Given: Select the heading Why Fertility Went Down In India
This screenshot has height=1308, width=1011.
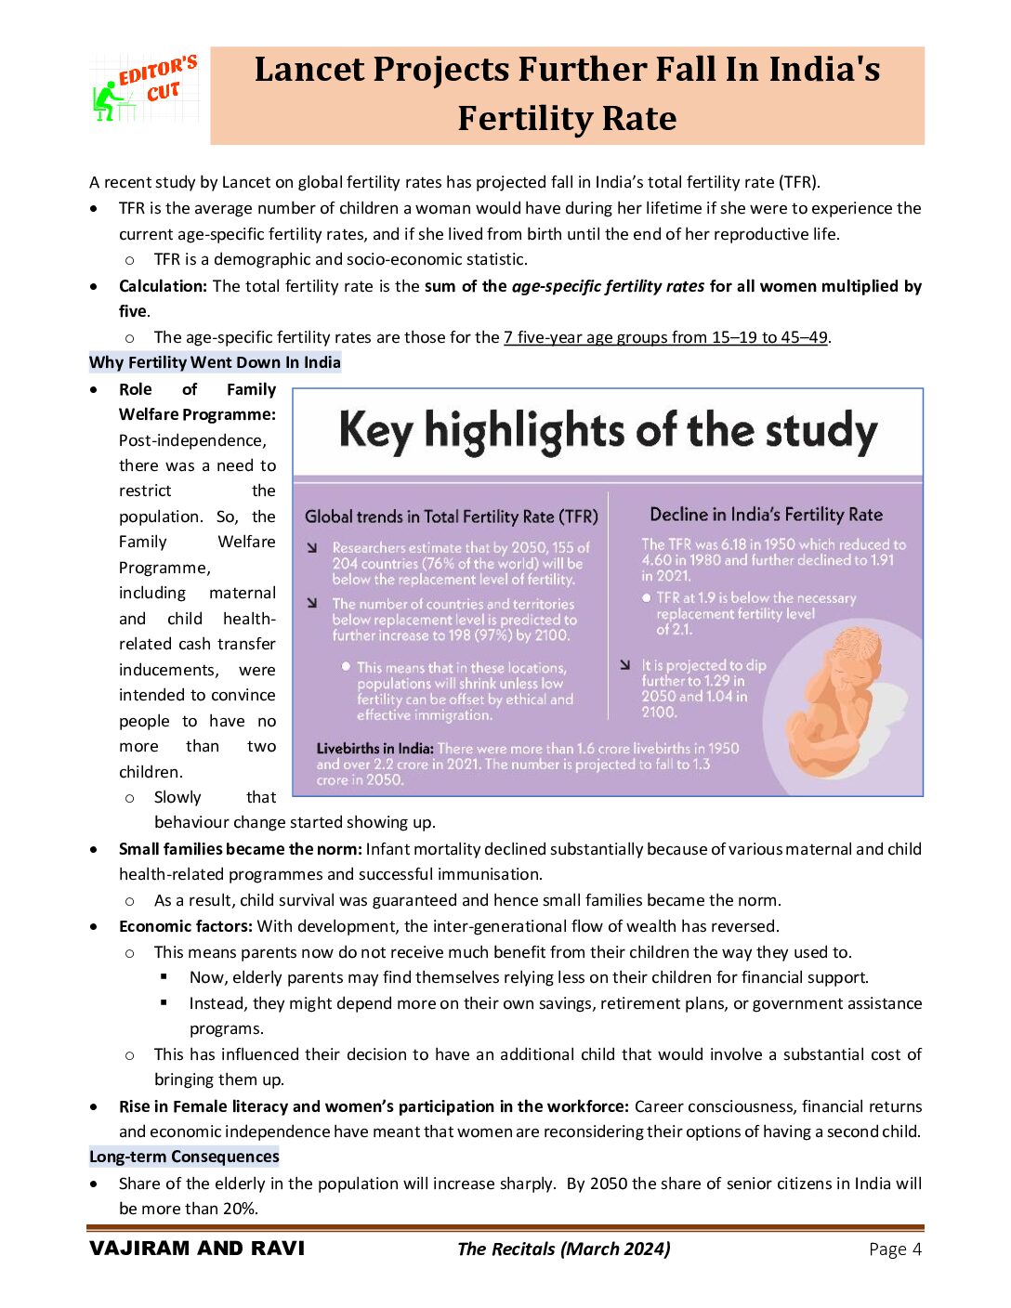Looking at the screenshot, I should point(215,362).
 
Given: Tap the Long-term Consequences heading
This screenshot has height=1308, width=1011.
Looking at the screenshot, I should point(184,1157).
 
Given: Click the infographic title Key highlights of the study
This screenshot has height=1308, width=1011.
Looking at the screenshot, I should point(608,432).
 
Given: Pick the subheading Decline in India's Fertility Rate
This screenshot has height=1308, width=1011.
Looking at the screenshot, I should point(766,515).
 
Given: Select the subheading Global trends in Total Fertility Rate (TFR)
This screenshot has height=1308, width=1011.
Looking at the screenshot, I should point(451,517).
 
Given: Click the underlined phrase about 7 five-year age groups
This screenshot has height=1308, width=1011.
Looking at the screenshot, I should point(665,337).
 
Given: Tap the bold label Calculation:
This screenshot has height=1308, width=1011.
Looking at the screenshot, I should point(163,286).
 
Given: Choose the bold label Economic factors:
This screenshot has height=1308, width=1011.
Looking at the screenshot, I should point(185,926).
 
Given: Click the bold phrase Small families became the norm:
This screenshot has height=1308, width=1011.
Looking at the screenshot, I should point(240,849).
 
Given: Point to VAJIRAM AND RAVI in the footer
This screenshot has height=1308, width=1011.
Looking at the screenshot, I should point(197,1249).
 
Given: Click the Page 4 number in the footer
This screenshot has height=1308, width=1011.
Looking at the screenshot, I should point(895,1249).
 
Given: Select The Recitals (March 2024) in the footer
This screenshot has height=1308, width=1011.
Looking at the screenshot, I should point(563,1249).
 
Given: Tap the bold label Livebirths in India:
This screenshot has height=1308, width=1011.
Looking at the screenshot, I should point(374,749).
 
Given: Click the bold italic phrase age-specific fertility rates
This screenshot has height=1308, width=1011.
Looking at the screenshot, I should point(608,286).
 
